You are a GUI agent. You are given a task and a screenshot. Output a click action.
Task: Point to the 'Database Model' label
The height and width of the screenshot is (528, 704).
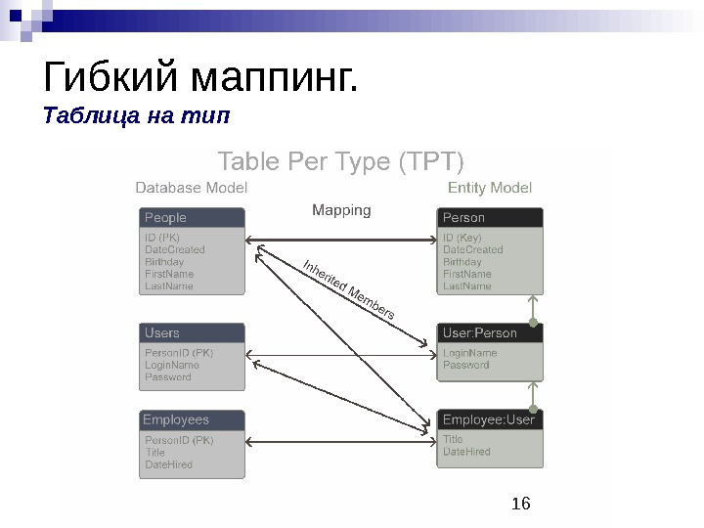191,187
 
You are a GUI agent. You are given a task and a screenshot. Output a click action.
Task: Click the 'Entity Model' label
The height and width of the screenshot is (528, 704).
489,187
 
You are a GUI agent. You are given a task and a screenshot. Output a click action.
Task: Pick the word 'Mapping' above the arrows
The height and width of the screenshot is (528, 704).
341,209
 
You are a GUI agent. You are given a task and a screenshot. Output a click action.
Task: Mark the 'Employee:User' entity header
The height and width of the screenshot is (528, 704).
489,420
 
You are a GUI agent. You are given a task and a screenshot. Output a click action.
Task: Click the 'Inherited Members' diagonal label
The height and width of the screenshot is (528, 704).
349,289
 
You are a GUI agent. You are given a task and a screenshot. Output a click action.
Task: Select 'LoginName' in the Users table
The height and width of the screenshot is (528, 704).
172,365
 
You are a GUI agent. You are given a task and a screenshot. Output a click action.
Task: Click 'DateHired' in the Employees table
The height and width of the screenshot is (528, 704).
169,464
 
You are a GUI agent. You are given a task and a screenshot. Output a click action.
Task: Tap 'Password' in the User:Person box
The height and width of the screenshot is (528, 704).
466,365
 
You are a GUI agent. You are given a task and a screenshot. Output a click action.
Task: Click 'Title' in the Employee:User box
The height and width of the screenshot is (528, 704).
454,440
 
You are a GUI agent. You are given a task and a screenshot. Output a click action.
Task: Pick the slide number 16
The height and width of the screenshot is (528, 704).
521,504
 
